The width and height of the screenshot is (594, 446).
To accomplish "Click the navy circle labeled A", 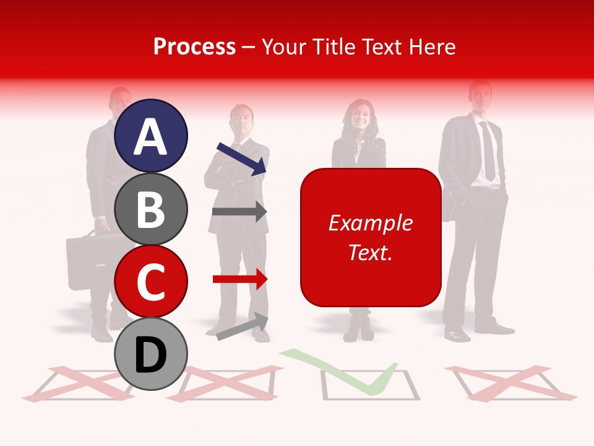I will tap(151, 136).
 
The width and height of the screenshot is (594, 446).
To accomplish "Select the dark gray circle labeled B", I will tap(151, 209).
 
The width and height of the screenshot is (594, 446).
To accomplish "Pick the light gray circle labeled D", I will tap(151, 354).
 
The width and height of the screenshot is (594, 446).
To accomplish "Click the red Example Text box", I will tap(371, 237).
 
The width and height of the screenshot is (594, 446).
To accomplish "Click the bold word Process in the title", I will tap(194, 46).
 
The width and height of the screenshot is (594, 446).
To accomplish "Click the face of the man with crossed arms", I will tap(241, 123).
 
